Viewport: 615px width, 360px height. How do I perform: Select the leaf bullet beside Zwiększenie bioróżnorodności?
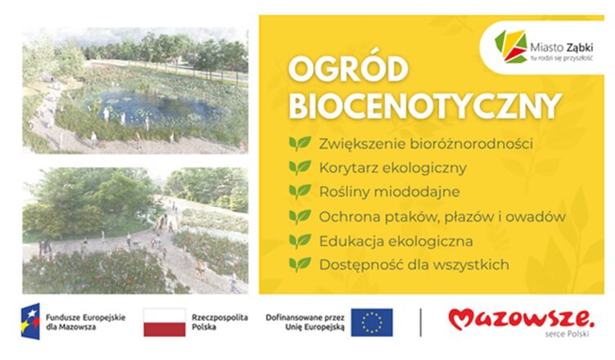300,144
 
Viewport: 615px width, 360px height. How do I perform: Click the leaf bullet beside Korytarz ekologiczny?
300,168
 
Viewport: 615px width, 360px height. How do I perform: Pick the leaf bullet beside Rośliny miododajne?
300,191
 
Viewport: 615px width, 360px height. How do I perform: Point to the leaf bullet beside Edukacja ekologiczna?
300,241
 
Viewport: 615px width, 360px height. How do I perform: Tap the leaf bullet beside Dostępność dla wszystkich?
300,264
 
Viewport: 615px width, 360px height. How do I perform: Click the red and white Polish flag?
164,322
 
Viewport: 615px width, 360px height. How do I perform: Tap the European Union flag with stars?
372,322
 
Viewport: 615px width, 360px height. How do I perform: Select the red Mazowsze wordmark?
519,318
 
